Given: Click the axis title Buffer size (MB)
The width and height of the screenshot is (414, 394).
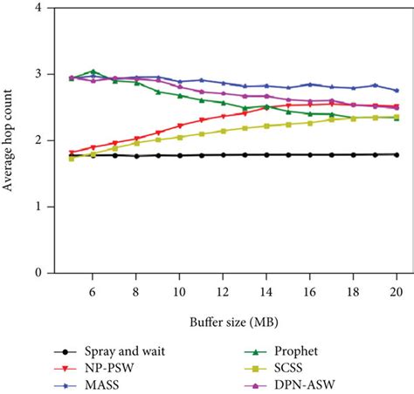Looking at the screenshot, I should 234,320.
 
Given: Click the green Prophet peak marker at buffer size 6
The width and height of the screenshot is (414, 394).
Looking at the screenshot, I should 93,71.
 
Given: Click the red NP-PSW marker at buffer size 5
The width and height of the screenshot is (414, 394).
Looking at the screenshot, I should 72,153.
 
